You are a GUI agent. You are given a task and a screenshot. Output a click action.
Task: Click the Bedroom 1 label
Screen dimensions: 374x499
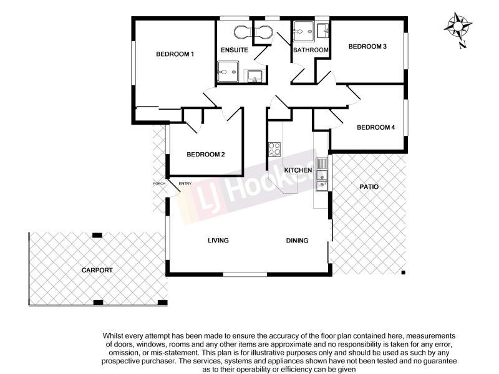tap(175, 54)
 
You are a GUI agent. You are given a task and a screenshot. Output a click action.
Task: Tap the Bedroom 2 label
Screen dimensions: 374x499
tap(205, 155)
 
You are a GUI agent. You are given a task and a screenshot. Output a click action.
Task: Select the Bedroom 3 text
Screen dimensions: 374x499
tap(367, 46)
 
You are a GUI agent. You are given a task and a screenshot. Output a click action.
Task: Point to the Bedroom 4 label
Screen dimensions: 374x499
tap(375, 127)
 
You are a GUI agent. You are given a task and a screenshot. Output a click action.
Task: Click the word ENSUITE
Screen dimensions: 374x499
tap(235, 50)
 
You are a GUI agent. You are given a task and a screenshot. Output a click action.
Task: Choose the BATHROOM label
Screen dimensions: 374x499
tap(311, 50)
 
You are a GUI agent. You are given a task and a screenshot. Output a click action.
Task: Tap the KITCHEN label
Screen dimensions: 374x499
tap(298, 170)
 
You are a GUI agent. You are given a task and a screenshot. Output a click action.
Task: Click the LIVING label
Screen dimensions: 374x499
tap(218, 241)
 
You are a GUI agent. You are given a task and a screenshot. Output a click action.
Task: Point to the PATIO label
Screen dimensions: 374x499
tap(369, 186)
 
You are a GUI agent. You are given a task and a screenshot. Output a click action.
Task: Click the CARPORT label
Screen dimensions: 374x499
tap(97, 270)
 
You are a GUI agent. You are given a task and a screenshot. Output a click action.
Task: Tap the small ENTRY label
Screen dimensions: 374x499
tap(185, 183)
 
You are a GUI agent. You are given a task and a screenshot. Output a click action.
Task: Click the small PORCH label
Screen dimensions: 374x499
tap(159, 183)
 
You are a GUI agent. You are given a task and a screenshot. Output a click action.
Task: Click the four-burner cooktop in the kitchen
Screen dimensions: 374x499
tap(274, 149)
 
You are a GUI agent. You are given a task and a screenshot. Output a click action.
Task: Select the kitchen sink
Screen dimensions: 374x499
tap(321, 175)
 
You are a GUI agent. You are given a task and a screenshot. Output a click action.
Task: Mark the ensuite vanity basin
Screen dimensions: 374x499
tap(254, 76)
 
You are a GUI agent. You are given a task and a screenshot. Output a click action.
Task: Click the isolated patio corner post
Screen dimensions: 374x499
tap(404, 272)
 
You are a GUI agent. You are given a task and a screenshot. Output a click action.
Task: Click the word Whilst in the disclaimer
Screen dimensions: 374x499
tap(115, 336)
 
